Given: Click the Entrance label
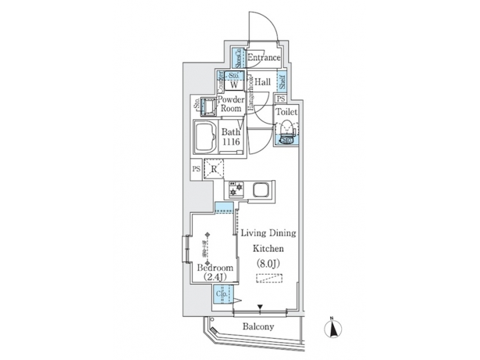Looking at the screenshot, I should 263,59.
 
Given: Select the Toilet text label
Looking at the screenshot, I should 287,113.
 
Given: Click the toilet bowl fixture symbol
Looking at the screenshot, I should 287,132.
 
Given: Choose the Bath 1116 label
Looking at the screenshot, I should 231,137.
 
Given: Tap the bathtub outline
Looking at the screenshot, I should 206,137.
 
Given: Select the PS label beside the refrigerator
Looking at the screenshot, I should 196,169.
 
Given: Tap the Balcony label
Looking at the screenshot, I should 258,327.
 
